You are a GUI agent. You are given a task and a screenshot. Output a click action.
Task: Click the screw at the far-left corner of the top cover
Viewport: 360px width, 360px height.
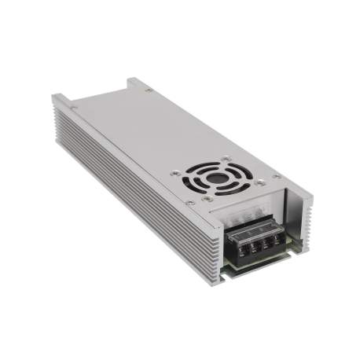click(74, 102)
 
